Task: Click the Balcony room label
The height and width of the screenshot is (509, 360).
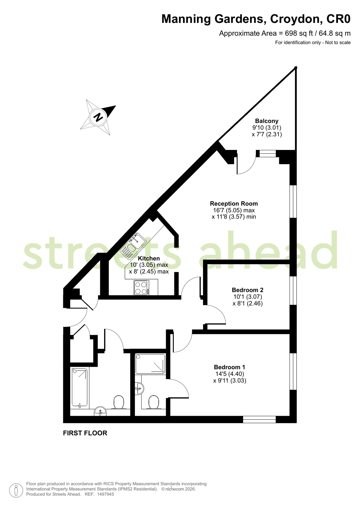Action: point(267,121)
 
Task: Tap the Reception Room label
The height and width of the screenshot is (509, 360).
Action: point(234,203)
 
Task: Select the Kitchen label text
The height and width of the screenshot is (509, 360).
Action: point(149,258)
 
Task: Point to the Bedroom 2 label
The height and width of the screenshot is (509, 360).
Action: point(248,290)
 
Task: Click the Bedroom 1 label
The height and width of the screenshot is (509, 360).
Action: point(229,367)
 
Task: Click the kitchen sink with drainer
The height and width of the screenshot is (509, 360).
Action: point(133,246)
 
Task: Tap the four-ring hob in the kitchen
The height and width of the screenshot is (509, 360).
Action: point(142,288)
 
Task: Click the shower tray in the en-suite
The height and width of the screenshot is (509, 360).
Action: point(150,364)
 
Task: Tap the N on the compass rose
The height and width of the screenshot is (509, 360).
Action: point(98,117)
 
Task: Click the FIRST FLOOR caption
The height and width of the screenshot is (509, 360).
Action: point(85,433)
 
